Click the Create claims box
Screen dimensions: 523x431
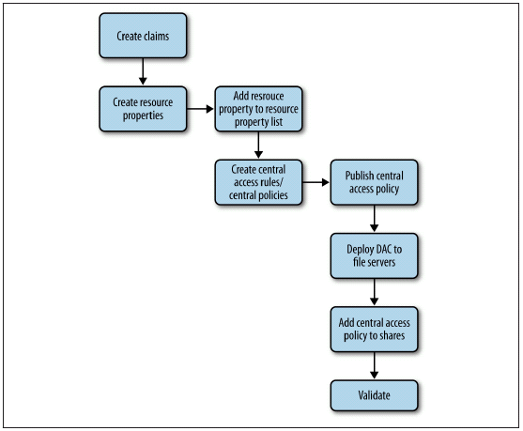143,36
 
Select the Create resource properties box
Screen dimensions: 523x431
143,109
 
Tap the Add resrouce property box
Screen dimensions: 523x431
258,109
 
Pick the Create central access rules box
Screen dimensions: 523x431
258,182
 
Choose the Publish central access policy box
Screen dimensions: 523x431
374,182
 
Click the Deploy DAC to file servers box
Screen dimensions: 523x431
374,255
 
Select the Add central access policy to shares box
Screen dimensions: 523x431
374,329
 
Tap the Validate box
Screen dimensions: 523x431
374,395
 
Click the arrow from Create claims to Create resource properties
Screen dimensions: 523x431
143,71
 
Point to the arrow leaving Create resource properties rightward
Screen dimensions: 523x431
200,109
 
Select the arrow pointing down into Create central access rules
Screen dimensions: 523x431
258,145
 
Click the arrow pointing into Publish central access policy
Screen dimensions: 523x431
315,182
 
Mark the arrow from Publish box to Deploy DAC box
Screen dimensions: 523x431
374,218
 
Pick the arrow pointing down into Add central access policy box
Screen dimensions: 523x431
374,291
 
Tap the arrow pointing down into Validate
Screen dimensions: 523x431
374,365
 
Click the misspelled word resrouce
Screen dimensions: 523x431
267,96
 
